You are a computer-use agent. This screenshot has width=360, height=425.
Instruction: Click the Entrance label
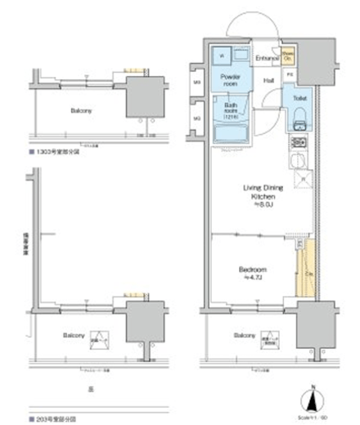268,59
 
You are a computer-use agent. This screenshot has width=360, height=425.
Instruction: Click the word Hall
268,80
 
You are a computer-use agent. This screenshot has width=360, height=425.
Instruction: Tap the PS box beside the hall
290,76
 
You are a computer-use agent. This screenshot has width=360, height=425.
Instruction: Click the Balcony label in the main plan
243,335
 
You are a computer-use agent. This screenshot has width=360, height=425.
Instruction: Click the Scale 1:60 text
326,418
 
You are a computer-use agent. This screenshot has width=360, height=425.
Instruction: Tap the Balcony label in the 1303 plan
80,110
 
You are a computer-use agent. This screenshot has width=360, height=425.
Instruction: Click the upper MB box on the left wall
197,82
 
